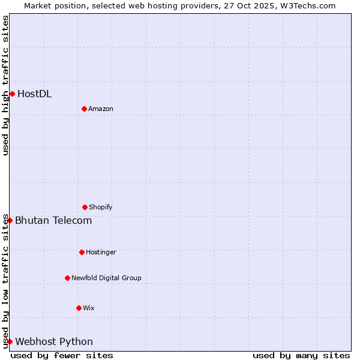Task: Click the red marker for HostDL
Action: point(12,94)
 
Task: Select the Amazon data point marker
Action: point(84,109)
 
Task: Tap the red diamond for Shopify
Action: point(85,207)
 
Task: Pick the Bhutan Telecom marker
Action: point(10,220)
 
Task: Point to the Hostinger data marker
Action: point(82,252)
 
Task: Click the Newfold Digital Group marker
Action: point(67,278)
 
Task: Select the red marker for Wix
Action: point(79,308)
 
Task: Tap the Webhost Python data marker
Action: point(10,341)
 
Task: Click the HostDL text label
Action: point(34,94)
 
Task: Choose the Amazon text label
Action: point(101,109)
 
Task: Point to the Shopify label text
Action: point(101,207)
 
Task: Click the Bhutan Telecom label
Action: point(53,220)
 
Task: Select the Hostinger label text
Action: point(101,252)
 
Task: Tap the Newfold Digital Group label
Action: point(106,278)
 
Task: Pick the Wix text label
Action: point(89,308)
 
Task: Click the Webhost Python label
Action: point(54,341)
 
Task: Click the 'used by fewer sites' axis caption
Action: point(62,355)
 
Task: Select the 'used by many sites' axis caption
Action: point(301,355)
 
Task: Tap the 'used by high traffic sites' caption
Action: point(5,85)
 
